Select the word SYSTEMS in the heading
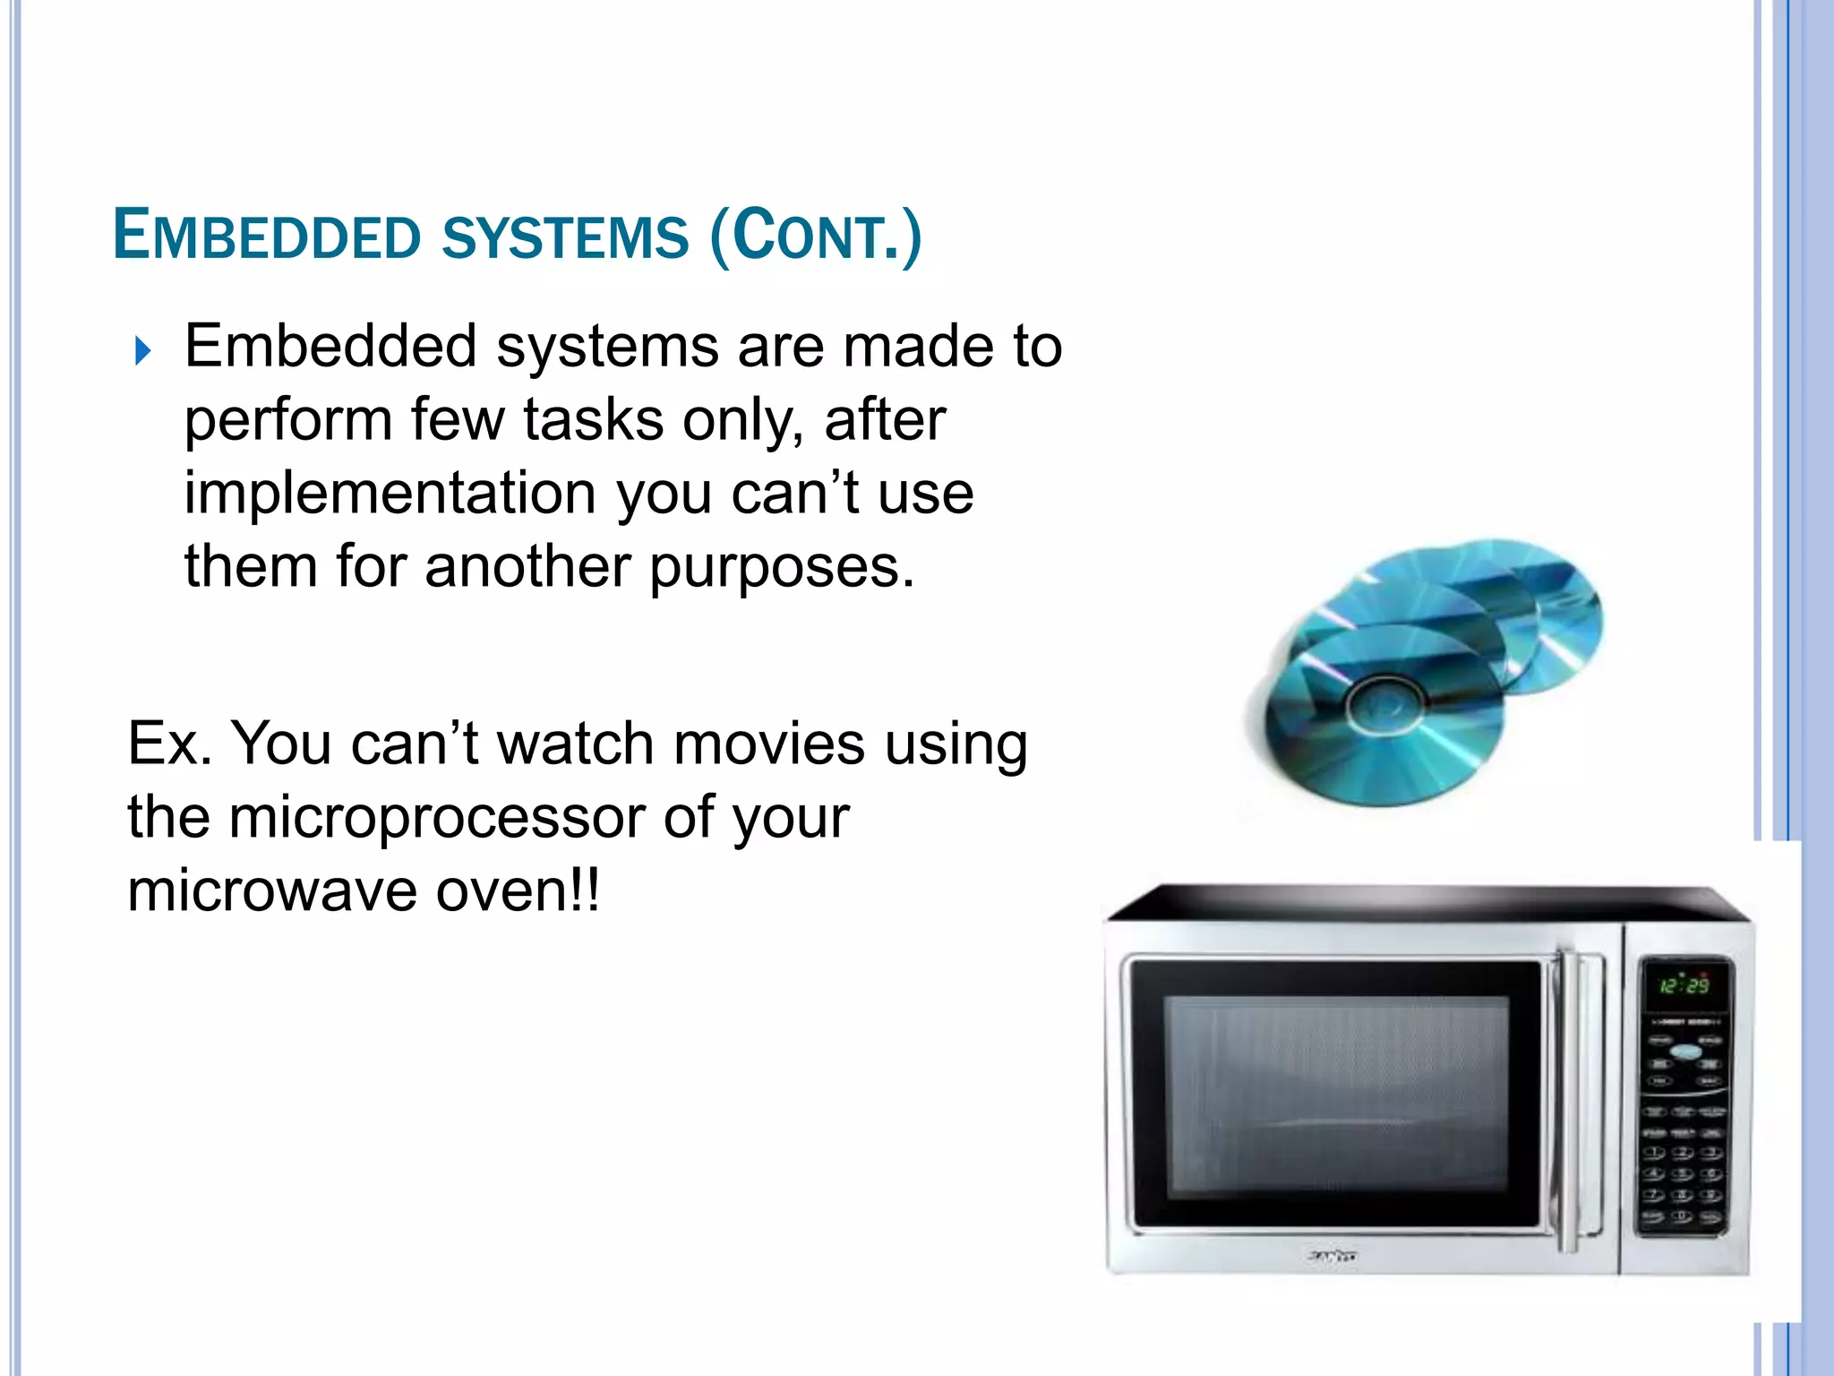pyautogui.click(x=565, y=236)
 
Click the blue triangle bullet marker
pyautogui.click(x=142, y=350)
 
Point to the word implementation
pyautogui.click(x=390, y=493)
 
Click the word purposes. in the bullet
pyautogui.click(x=782, y=567)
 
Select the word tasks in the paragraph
pyautogui.click(x=593, y=419)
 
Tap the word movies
pyautogui.click(x=769, y=744)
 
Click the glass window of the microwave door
pyautogui.click(x=1334, y=1093)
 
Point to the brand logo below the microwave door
pyautogui.click(x=1332, y=1257)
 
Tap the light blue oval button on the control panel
pyautogui.click(x=1685, y=1052)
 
